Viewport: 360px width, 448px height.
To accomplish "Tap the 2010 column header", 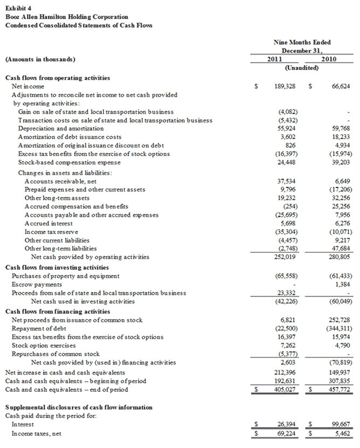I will pos(328,59).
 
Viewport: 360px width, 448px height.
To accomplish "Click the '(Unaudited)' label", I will pos(302,68).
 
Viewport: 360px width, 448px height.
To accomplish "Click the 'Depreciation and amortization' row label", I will pos(61,129).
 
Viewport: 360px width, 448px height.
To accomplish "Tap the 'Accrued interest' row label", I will pos(49,223).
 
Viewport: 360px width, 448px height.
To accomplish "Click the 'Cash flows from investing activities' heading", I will pos(57,267).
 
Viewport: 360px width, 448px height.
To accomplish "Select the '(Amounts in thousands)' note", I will pos(40,59).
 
